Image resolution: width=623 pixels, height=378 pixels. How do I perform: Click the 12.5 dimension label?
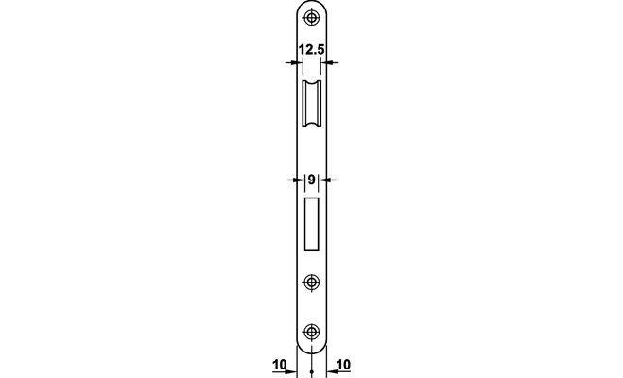(x=312, y=50)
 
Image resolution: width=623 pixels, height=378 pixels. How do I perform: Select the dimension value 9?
(x=312, y=180)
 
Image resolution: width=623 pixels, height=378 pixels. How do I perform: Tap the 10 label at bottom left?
(x=280, y=365)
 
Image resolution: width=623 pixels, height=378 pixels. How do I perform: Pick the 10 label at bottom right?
(x=344, y=365)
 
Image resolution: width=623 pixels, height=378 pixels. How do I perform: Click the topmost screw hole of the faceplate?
(x=311, y=17)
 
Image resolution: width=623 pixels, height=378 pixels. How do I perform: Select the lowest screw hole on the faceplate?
(x=311, y=332)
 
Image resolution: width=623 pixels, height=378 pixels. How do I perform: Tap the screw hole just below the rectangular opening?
(x=311, y=283)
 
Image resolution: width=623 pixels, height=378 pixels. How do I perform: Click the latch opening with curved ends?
(x=311, y=103)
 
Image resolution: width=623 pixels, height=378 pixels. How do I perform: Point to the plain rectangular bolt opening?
(x=312, y=224)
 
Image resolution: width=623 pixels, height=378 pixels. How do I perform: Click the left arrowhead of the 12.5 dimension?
(x=298, y=62)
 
